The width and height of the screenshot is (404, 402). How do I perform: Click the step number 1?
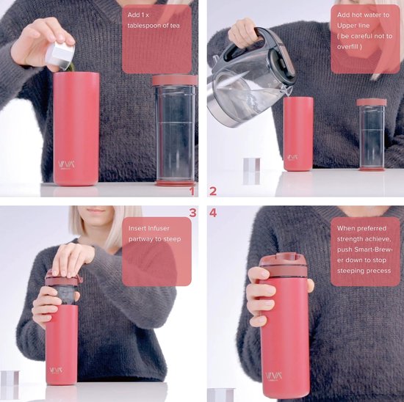192,191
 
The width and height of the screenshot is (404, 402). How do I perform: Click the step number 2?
213,191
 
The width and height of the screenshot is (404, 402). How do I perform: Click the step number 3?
192,213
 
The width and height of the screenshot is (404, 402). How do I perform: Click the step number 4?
213,213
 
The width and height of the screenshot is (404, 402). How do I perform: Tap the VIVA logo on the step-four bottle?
273,375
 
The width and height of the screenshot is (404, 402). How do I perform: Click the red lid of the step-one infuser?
174,80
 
